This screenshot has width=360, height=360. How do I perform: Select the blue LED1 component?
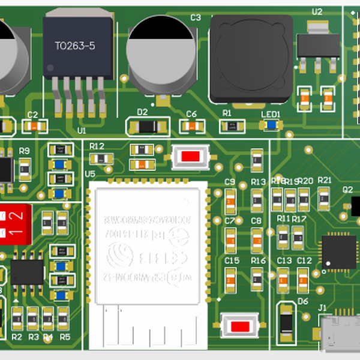click(x=271, y=125)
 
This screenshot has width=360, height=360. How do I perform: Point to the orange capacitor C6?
click(x=192, y=127)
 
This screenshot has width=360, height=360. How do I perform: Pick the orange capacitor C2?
click(x=34, y=126)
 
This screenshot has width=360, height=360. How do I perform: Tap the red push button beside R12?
click(x=190, y=157)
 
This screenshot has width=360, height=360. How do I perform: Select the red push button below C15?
click(x=240, y=326)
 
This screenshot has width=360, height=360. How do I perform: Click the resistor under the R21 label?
click(x=325, y=198)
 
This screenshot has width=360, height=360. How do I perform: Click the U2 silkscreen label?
click(x=317, y=12)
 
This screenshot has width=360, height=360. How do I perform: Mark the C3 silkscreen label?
click(x=196, y=18)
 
